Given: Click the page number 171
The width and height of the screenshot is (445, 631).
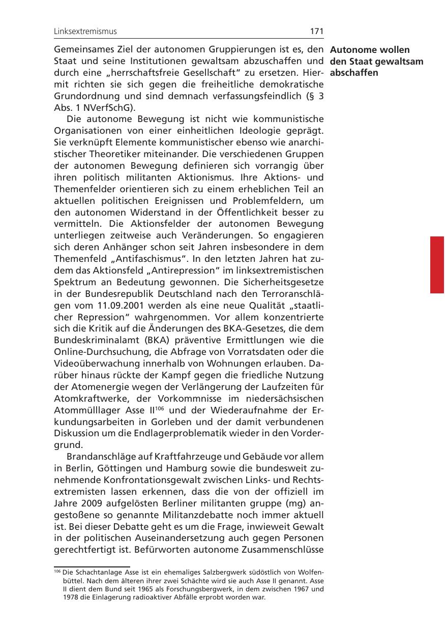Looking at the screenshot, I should tap(317, 32).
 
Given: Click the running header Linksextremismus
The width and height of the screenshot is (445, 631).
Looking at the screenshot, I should tap(85, 32).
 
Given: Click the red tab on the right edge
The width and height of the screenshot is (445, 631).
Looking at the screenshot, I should tap(437, 264).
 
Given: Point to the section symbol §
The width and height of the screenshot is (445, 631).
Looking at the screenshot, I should tap(308, 97).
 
